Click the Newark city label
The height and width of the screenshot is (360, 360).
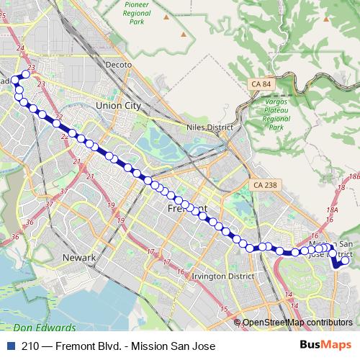click(78, 257)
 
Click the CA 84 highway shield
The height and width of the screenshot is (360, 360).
click(262, 85)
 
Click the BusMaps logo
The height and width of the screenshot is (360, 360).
click(325, 346)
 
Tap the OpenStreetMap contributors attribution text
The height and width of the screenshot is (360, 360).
click(298, 323)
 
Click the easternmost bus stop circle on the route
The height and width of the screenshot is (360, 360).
click(345, 261)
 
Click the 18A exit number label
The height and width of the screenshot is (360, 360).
click(331, 210)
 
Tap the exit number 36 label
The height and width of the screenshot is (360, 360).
click(15, 236)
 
